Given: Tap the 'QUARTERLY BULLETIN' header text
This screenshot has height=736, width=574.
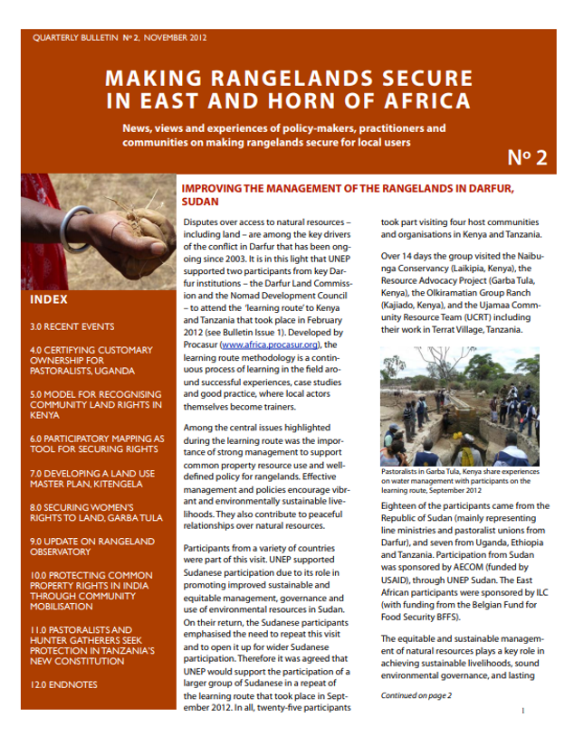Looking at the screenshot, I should pyautogui.click(x=73, y=39).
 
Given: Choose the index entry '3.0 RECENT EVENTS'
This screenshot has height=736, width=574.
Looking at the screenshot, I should pyautogui.click(x=72, y=326).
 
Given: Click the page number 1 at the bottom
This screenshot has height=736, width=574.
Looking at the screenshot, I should pyautogui.click(x=523, y=711).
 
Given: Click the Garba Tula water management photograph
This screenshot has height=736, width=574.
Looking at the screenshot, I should pyautogui.click(x=461, y=413).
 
